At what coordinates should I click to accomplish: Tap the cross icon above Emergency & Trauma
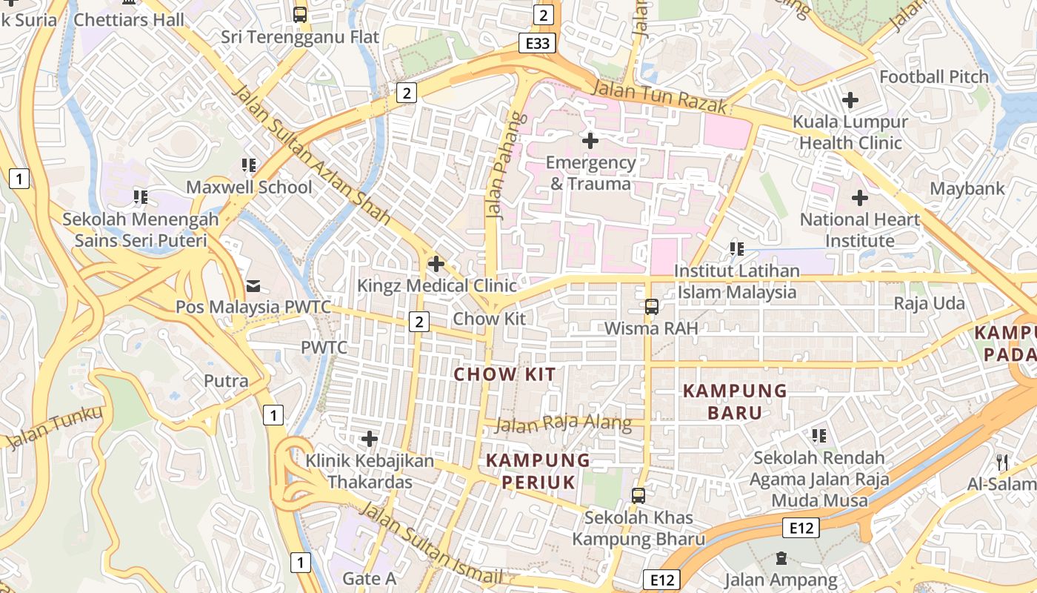pos(590,140)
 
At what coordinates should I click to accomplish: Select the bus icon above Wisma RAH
pos(651,307)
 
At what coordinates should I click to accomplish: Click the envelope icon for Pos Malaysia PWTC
pos(253,285)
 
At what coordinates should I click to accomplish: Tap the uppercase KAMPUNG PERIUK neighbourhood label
pos(538,471)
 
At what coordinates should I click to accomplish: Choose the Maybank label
pos(967,188)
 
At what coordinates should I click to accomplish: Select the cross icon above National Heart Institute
pos(859,198)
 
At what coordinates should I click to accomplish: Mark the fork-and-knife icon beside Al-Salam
pos(1002,463)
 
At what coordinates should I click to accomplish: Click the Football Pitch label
pos(933,76)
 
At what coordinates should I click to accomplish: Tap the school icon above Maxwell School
pos(249,165)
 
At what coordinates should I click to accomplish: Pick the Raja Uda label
pos(929,303)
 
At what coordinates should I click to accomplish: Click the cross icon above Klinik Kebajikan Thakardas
pos(370,439)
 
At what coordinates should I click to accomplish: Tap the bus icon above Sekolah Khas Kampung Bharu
pos(638,495)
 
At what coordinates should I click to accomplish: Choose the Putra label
pos(226,381)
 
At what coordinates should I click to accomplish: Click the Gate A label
pos(369,578)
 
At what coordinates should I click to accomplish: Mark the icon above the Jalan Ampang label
pos(781,558)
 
